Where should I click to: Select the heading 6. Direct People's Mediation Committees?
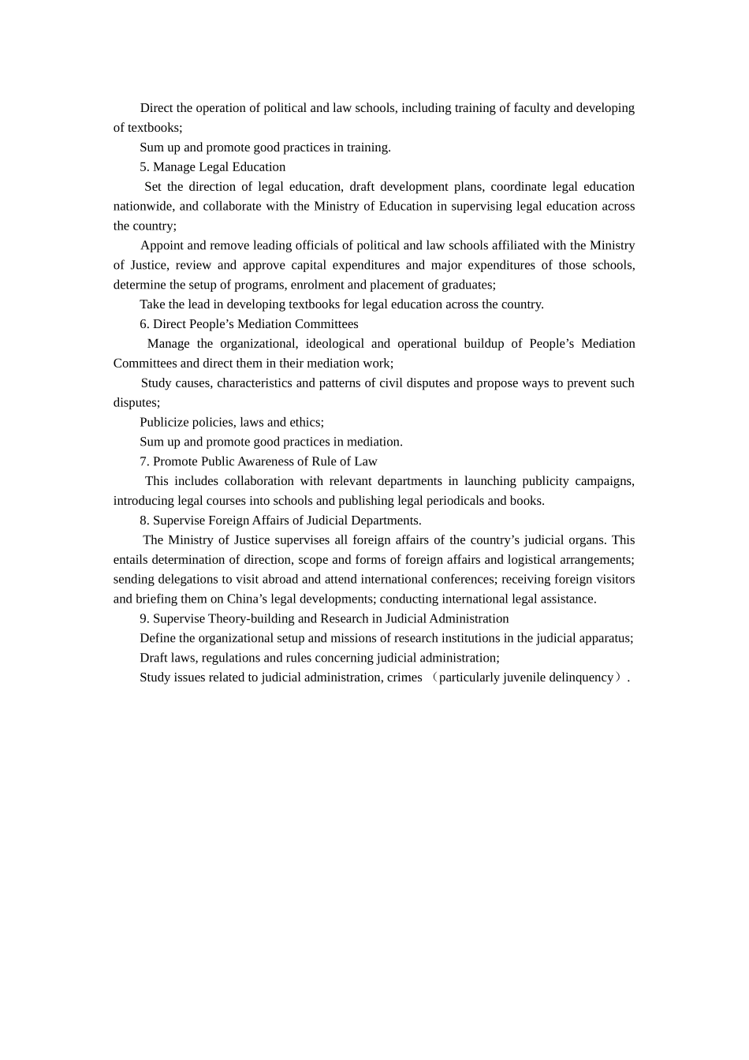pos(249,324)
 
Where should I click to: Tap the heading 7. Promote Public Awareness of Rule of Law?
pos(259,461)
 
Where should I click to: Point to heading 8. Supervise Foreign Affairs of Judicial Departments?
pos(281,521)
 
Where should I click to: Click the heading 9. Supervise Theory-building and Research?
pos(324,619)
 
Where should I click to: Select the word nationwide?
pos(143,207)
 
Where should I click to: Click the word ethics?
pos(305,423)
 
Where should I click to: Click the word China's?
pos(247,599)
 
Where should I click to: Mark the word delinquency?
pos(582,677)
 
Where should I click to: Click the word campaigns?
pos(606,481)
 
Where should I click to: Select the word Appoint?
pos(162,246)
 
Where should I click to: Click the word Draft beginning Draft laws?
pos(154,658)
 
